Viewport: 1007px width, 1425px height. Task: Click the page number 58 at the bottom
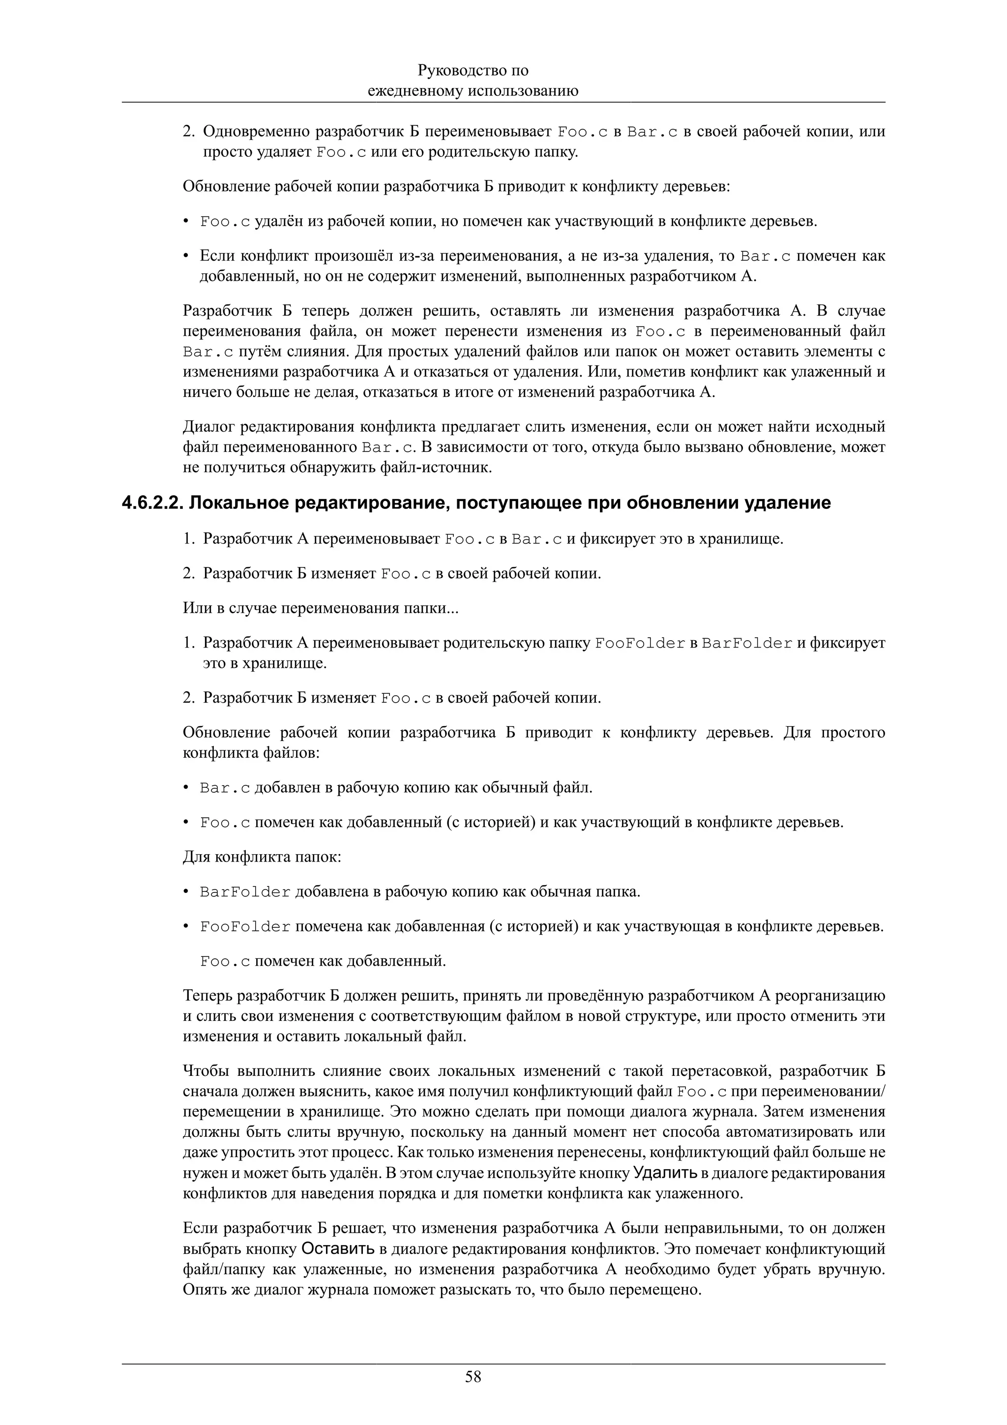tap(473, 1377)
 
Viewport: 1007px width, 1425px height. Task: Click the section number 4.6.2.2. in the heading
tap(152, 503)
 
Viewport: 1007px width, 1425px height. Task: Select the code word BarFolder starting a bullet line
tap(245, 892)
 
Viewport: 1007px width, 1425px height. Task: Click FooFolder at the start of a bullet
tap(245, 927)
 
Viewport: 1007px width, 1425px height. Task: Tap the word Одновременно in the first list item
tap(256, 132)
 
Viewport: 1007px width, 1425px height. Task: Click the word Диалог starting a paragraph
tap(208, 427)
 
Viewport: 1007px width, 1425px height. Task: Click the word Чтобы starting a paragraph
tap(206, 1070)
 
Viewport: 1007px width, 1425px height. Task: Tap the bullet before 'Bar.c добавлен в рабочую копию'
tap(185, 789)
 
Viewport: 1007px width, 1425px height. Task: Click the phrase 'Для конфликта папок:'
tap(262, 857)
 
